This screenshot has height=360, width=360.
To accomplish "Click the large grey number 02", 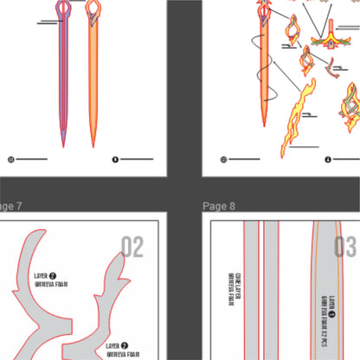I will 132,247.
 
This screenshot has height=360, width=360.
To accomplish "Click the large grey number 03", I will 345,247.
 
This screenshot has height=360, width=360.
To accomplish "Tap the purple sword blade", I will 63,78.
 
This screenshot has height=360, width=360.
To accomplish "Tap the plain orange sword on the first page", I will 92,78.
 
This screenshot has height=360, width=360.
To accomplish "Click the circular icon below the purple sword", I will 11,159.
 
